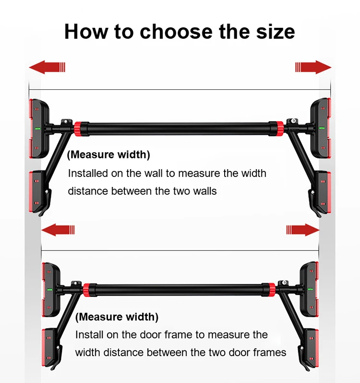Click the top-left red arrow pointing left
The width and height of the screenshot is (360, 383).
click(47, 67)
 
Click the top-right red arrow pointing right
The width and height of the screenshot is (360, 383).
click(313, 67)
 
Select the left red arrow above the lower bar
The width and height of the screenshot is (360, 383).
click(58, 230)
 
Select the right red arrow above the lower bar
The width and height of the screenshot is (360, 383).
click(302, 230)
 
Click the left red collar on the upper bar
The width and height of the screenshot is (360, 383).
click(78, 128)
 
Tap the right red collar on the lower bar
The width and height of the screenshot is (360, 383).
click(269, 289)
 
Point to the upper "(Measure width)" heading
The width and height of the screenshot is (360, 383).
click(108, 155)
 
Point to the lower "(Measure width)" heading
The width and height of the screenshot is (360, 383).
click(117, 317)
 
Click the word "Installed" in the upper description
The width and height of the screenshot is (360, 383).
click(86, 173)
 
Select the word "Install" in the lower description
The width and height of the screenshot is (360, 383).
click(90, 334)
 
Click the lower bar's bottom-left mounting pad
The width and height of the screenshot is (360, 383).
click(49, 349)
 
